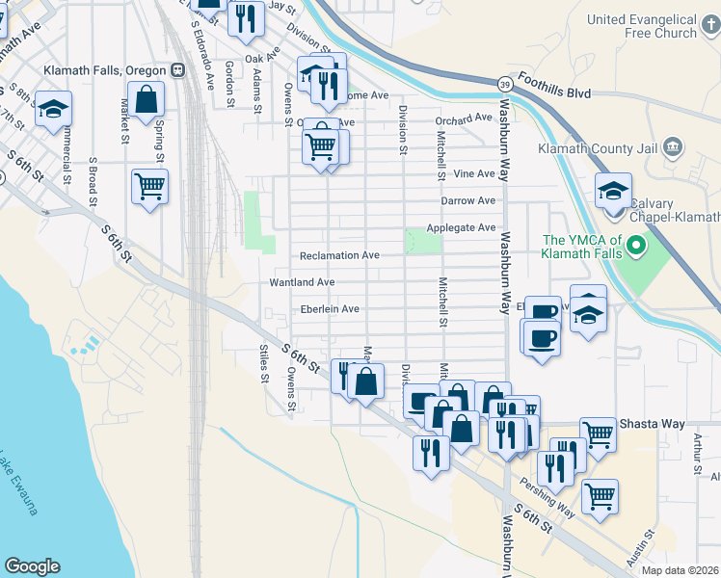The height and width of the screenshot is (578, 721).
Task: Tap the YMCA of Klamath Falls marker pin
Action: tap(635, 248)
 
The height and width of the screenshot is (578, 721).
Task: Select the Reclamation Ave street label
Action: tap(339, 255)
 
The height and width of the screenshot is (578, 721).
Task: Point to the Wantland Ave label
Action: tap(303, 282)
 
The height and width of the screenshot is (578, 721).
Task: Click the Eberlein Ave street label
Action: tap(330, 309)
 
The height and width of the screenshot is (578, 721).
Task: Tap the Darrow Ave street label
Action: tap(467, 200)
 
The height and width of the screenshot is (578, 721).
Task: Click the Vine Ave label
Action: tap(473, 173)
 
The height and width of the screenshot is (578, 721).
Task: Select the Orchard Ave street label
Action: tap(463, 119)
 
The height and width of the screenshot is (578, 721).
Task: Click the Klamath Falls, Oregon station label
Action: tap(105, 70)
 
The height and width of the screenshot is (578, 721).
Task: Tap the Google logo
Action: tap(32, 566)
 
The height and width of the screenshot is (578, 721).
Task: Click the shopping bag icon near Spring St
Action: tap(146, 99)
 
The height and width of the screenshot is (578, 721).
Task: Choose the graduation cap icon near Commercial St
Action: tap(53, 108)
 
